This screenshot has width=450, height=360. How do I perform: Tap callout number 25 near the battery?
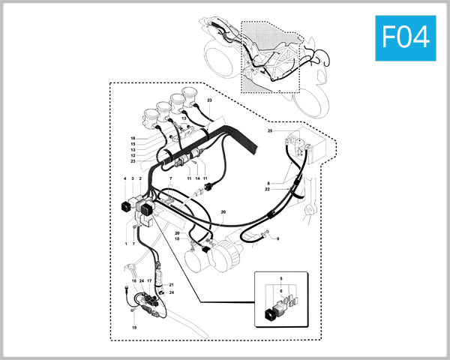pos(270,131)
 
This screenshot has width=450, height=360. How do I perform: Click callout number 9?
pos(277,238)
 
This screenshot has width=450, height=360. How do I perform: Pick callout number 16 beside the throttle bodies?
pos(133,139)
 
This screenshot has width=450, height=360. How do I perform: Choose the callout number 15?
pos(133,145)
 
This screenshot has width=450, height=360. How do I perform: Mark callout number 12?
pos(133,155)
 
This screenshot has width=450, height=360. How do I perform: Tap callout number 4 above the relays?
pos(124,178)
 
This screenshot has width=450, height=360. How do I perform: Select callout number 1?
pos(124,244)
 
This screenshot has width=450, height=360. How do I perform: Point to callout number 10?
pos(177,239)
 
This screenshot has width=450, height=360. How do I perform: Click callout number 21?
pos(171,285)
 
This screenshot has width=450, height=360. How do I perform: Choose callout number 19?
pos(134,328)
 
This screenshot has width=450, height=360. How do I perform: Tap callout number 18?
pos(133,280)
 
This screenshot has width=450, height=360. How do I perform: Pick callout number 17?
pos(149,280)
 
